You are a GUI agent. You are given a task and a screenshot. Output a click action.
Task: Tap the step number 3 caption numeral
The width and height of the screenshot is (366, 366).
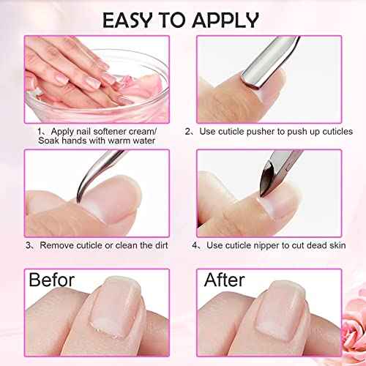pyautogui.click(x=29, y=246)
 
